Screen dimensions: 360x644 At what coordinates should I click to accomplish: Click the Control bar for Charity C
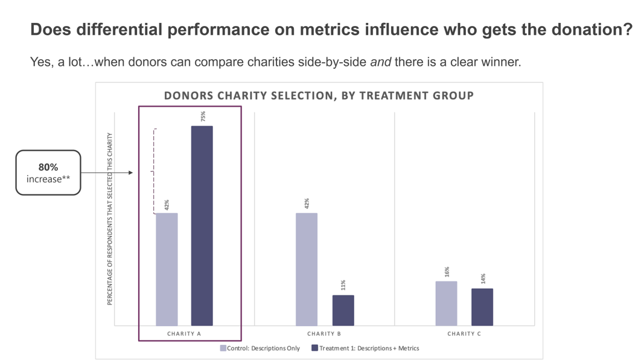pos(446,303)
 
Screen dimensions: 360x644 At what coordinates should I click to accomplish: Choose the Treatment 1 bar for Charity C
pos(482,307)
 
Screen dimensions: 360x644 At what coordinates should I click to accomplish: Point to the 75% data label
pos(203,116)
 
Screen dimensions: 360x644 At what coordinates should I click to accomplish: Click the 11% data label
pos(343,284)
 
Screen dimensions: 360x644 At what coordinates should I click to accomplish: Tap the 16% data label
pos(447,271)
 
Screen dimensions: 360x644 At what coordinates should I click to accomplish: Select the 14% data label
pos(482,278)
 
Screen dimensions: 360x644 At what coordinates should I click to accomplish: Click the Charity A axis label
pos(184,333)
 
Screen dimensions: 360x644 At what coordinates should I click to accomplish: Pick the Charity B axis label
pos(324,333)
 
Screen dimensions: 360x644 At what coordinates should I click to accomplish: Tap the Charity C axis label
pos(464,333)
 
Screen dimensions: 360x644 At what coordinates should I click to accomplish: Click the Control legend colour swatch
pos(223,348)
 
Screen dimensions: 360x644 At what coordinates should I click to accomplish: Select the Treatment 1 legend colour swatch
pos(314,348)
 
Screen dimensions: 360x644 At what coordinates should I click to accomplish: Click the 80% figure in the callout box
pos(48,167)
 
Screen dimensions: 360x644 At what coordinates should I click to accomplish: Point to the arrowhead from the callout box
pos(130,173)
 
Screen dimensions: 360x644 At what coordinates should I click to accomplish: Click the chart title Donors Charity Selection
pos(319,95)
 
